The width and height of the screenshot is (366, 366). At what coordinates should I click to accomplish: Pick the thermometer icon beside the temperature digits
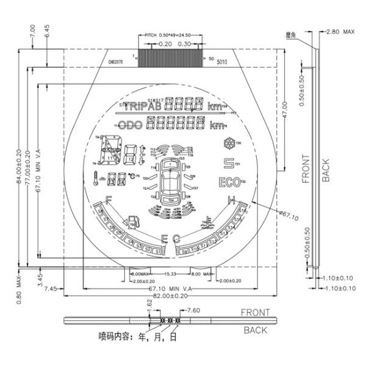[x=96, y=179]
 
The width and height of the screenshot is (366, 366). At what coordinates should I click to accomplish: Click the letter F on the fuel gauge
[x=108, y=199]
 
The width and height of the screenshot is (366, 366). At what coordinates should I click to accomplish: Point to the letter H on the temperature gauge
[x=232, y=201]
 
